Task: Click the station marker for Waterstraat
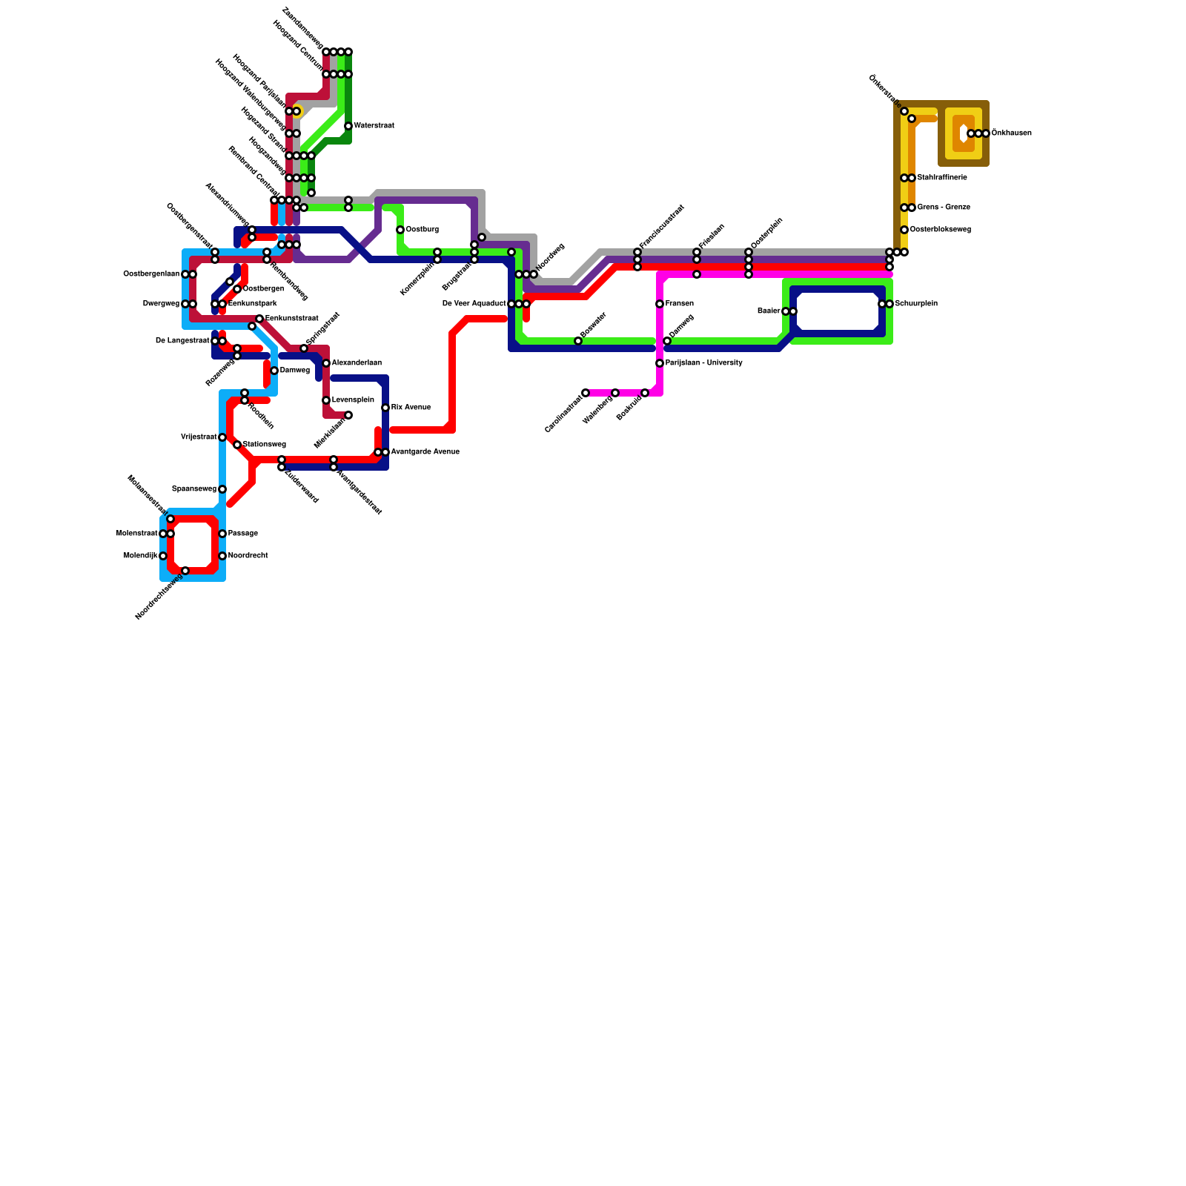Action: point(348,126)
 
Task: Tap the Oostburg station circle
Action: point(400,230)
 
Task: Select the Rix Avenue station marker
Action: point(385,408)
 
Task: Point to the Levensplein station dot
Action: point(326,400)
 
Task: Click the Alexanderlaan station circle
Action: point(326,363)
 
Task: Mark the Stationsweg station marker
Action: point(237,445)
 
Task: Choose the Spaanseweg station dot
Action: point(222,489)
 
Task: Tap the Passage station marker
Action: point(222,534)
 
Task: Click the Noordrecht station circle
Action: point(222,556)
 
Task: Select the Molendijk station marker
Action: point(163,556)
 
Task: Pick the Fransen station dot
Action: point(660,304)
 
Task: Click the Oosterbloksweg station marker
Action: point(904,230)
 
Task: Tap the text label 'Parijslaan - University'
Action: point(703,363)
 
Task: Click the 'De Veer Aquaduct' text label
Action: point(474,304)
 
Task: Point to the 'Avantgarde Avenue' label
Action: point(425,452)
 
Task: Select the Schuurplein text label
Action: point(916,304)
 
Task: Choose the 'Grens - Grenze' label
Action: point(944,208)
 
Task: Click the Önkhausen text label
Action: point(1011,133)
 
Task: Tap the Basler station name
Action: point(768,311)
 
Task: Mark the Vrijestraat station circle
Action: point(222,437)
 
